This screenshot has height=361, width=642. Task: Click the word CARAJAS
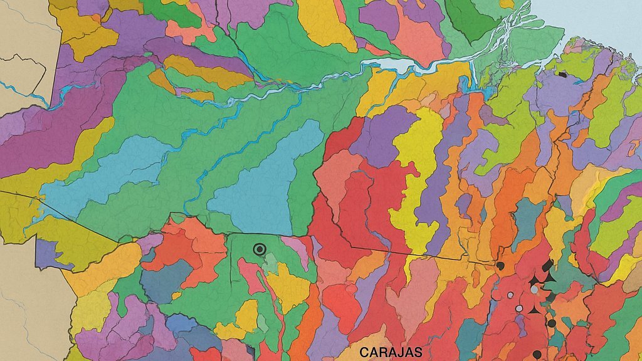click(x=391, y=353)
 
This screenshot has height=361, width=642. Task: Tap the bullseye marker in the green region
click(x=260, y=249)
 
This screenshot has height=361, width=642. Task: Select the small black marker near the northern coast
click(x=562, y=75)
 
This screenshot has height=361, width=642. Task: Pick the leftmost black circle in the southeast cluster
click(x=500, y=266)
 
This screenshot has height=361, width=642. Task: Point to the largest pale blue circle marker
click(x=534, y=290)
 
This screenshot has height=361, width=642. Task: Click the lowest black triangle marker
click(x=534, y=310)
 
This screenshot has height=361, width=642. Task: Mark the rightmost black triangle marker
click(x=550, y=276)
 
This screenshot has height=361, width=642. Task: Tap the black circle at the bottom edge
click(x=537, y=355)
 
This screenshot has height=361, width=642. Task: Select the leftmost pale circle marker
click(x=510, y=295)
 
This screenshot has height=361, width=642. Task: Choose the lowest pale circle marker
click(x=518, y=308)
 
